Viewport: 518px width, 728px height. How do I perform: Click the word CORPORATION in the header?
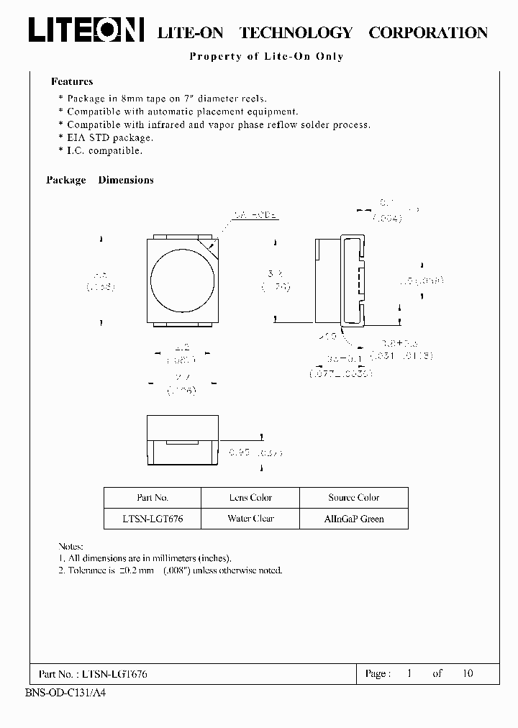point(428,32)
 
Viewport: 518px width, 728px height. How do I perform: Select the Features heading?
point(72,82)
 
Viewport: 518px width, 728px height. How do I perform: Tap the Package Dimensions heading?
point(100,181)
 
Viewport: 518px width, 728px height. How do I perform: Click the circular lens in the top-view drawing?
point(183,278)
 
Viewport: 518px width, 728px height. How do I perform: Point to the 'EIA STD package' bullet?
point(109,137)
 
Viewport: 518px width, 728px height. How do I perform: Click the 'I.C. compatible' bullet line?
point(104,150)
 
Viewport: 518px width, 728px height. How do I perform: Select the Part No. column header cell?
point(152,498)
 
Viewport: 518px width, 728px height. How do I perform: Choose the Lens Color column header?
point(250,498)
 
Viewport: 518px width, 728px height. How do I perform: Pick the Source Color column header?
point(353,498)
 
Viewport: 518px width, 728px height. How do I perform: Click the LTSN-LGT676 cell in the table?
point(152,519)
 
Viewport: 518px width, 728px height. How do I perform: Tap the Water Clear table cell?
point(250,519)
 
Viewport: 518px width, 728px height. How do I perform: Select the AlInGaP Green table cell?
point(353,519)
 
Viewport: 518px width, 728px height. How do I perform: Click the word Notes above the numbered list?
point(71,547)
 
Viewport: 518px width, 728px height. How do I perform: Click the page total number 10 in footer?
point(468,674)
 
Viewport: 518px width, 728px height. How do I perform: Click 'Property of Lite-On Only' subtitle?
point(266,57)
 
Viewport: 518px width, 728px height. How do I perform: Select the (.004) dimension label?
point(387,218)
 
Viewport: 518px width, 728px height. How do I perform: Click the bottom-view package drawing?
point(183,441)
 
